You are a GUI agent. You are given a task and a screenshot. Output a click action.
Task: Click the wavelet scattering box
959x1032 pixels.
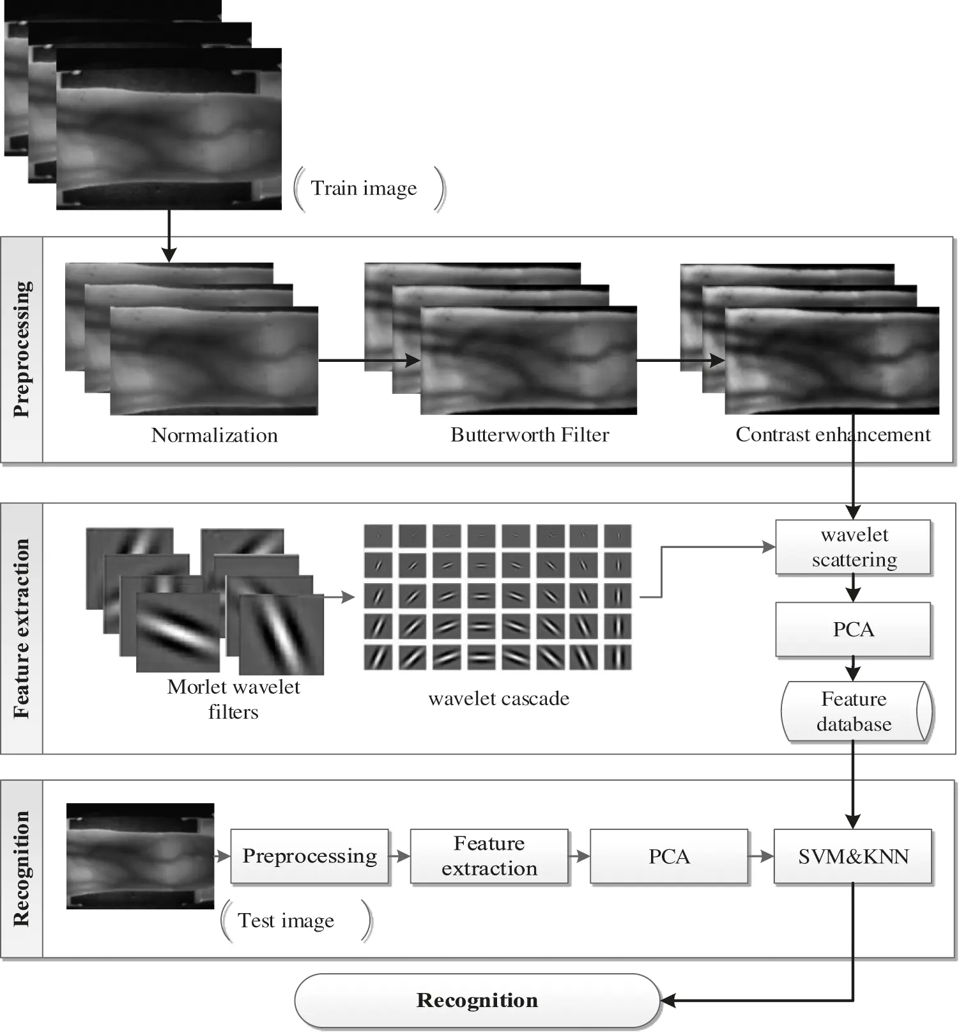coord(853,547)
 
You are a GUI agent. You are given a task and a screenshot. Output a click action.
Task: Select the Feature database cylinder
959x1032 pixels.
coord(855,711)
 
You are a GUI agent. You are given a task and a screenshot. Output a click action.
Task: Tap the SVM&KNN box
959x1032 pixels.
coord(853,856)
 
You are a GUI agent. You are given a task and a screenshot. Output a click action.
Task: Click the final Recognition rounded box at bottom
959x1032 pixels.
coord(477,1000)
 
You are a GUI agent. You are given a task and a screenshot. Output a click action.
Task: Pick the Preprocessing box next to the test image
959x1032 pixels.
coord(309,856)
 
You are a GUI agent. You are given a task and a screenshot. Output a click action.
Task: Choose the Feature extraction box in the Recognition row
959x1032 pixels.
coord(489,856)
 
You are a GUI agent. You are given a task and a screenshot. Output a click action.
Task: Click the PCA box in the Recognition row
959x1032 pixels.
coord(668,856)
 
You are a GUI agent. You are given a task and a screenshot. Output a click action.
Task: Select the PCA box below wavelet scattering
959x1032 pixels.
coord(853,629)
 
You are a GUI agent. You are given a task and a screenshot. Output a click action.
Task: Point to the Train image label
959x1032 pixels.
coord(364,188)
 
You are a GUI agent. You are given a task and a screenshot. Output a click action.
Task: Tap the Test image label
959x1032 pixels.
coord(286,920)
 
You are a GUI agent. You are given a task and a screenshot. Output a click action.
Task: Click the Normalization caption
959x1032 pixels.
coord(214,435)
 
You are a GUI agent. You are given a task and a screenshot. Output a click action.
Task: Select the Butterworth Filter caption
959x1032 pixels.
coord(529,435)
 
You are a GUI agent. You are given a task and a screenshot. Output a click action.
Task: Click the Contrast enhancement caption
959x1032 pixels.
coord(832,435)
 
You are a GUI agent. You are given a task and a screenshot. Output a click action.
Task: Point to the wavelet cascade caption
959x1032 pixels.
coord(498,698)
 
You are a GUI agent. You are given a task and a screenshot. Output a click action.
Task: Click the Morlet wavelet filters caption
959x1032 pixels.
coord(233,699)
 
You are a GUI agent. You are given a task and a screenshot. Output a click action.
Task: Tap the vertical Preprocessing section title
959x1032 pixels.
coord(22,349)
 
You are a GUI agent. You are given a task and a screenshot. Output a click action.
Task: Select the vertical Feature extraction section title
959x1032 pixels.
coord(22,628)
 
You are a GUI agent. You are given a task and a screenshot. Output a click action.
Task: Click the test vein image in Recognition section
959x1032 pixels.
coord(140,856)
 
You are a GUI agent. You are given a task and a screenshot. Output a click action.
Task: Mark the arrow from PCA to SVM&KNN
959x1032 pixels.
coord(760,856)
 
